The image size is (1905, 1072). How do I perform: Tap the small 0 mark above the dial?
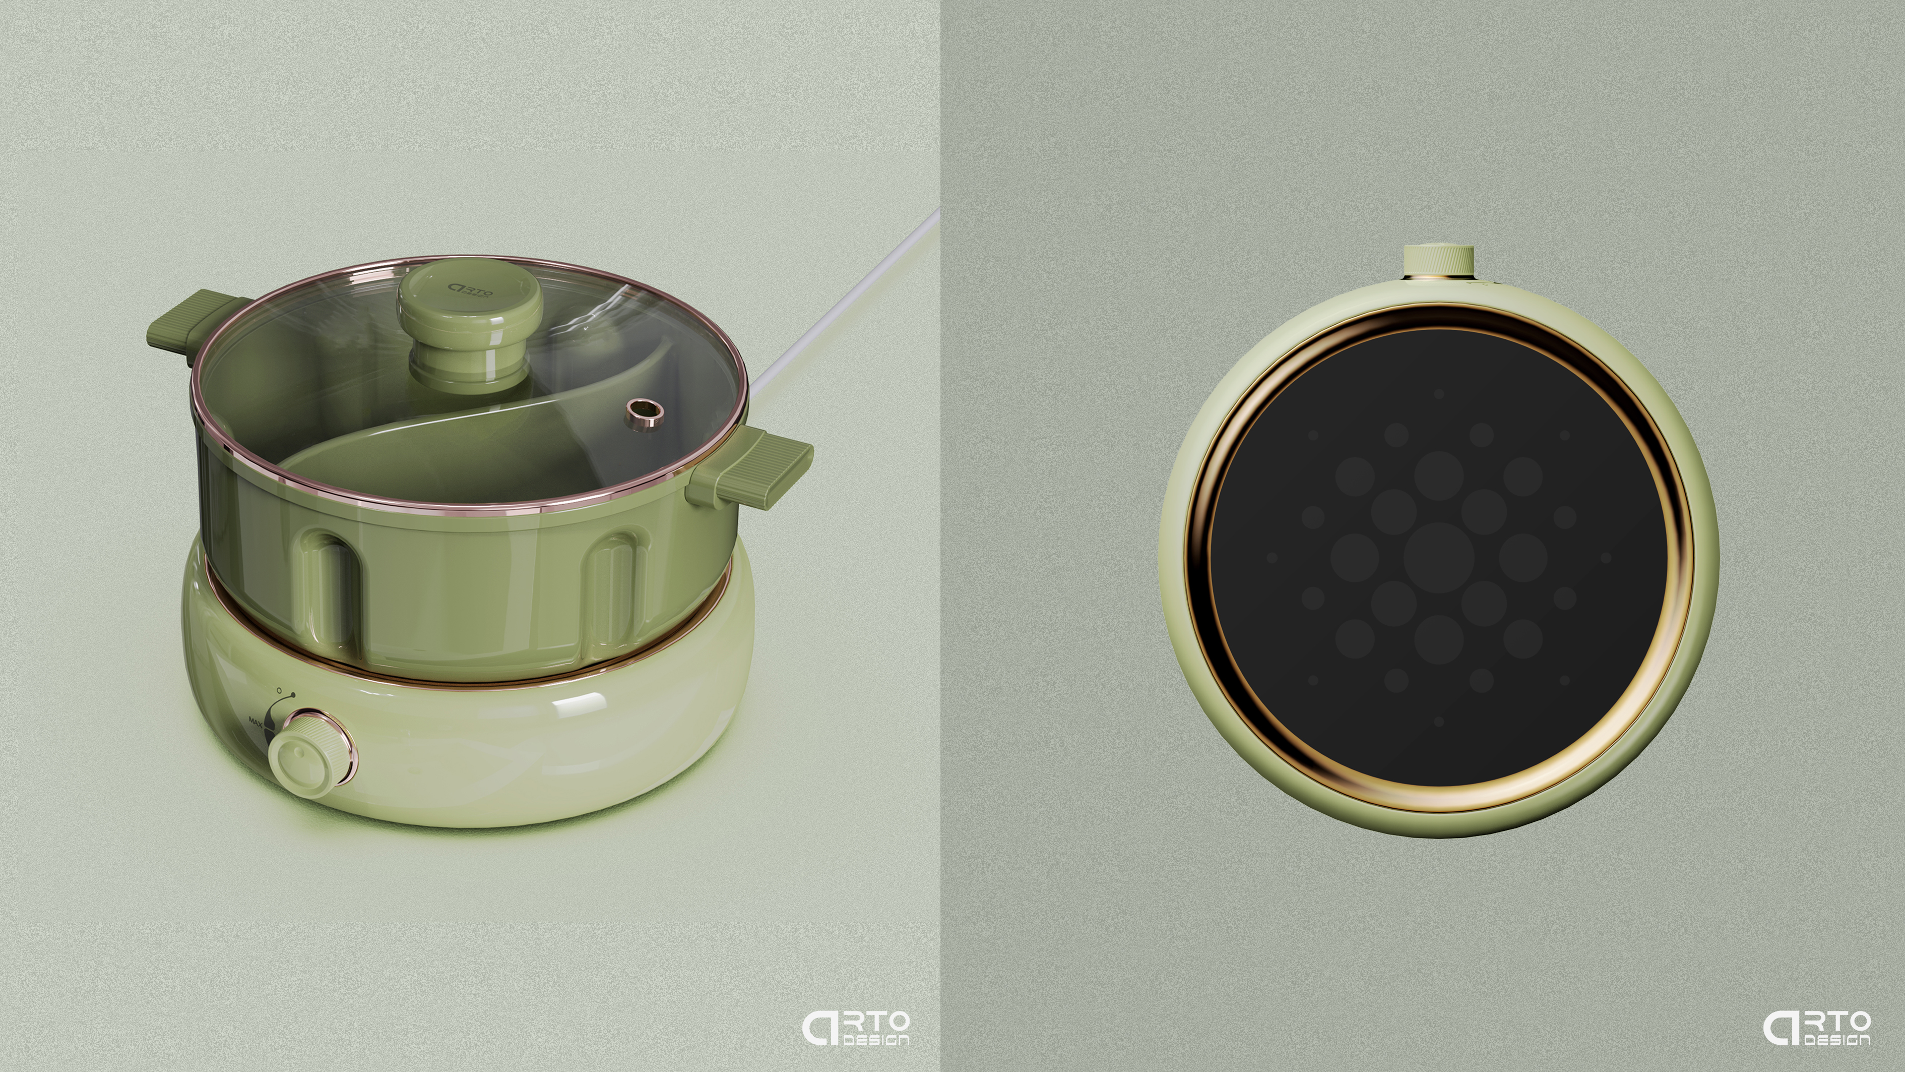[x=279, y=690]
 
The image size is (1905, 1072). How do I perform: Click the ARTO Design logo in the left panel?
[x=856, y=1028]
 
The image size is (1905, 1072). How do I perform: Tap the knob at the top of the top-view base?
[x=1438, y=260]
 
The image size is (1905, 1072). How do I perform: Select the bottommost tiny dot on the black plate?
[x=1438, y=721]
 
